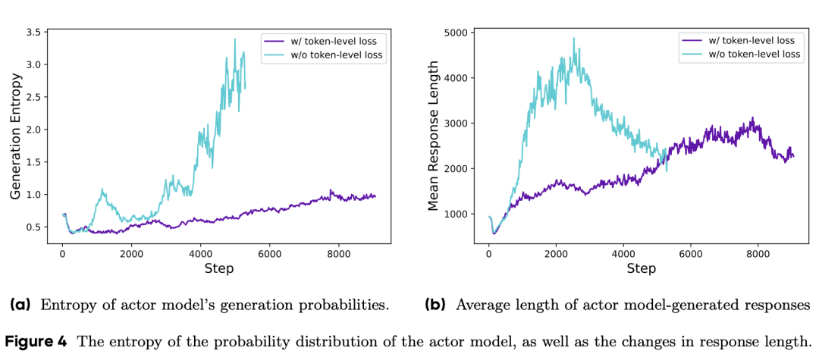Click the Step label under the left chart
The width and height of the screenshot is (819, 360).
tap(218, 268)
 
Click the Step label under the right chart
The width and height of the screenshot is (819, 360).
tap(642, 268)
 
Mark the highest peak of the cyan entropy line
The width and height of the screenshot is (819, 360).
tap(235, 39)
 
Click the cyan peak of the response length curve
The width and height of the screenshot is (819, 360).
tap(573, 39)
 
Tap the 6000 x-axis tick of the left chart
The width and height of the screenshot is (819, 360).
tap(269, 253)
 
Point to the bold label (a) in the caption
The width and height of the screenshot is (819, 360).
tap(20, 305)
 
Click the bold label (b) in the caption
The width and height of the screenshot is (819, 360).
tap(435, 305)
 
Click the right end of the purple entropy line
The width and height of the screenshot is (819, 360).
tap(375, 196)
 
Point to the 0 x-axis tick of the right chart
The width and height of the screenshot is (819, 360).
tap(489, 253)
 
